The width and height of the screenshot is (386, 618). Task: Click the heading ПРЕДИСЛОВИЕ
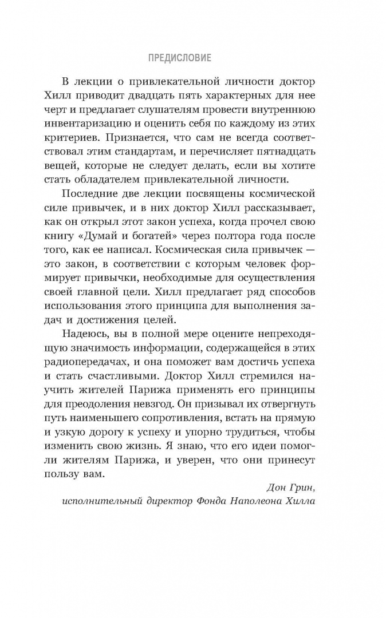coord(179,57)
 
